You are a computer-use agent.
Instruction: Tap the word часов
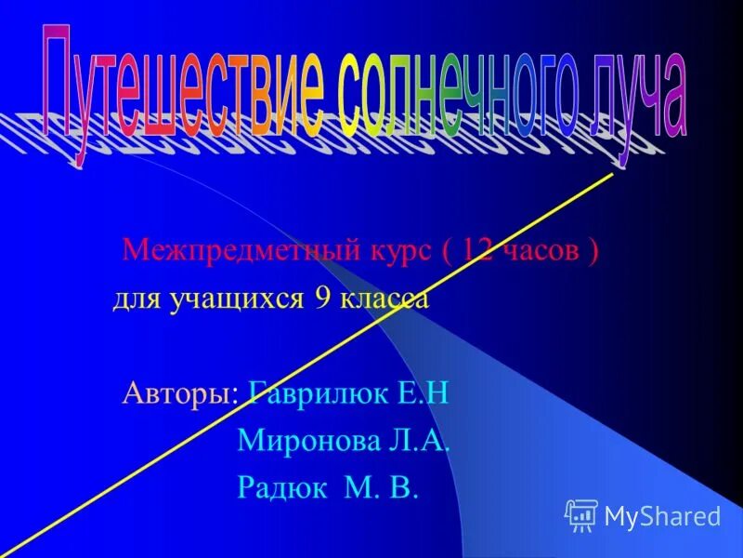click(543, 251)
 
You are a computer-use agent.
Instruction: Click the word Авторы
click(182, 393)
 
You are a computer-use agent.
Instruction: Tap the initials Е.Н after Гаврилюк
click(422, 393)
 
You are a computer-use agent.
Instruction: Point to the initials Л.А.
click(417, 441)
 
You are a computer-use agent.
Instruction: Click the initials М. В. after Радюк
click(385, 489)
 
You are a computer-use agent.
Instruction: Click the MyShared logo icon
click(581, 515)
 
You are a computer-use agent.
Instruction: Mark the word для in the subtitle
click(134, 300)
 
